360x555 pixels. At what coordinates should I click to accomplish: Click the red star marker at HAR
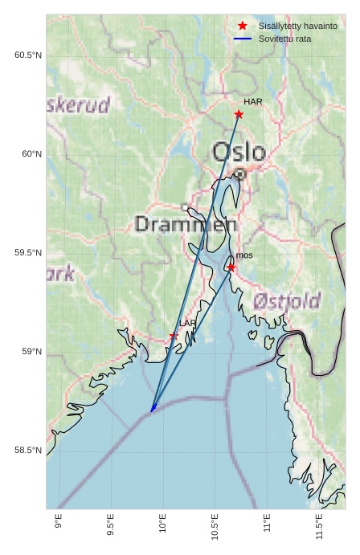[239, 114]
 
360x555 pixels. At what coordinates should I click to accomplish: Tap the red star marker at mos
[231, 267]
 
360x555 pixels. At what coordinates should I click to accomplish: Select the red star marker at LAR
[174, 336]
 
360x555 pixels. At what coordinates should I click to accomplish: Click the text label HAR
[253, 102]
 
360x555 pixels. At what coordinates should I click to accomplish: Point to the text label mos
[244, 255]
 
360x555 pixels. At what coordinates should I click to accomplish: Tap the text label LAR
[187, 324]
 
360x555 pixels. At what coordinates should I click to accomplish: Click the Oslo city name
[239, 152]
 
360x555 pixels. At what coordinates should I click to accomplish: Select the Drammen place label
[186, 224]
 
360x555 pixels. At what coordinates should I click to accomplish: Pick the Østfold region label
[287, 301]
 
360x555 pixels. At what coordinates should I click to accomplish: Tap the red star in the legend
[243, 26]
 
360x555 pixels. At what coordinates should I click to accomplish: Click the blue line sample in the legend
[243, 39]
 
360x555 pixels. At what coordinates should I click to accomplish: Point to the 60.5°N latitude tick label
[27, 55]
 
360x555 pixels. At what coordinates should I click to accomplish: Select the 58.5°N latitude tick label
[27, 451]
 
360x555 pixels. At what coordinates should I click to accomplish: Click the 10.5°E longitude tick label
[215, 528]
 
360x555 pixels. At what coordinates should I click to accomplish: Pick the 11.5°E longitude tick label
[319, 528]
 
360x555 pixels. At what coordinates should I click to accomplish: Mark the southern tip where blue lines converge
[152, 410]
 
